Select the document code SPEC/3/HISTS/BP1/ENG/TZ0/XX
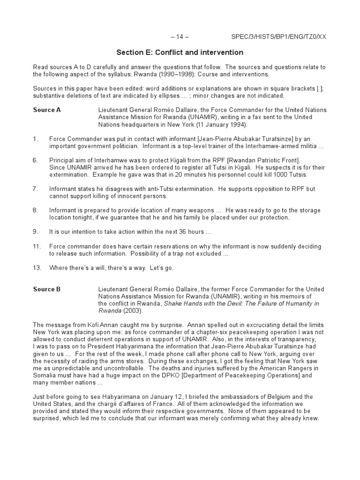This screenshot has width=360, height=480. coord(279,37)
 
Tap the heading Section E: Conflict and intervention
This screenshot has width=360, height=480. coord(180,52)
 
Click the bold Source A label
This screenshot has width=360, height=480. coord(47,110)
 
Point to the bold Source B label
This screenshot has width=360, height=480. coord(47,289)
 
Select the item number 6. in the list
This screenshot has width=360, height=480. coord(36,160)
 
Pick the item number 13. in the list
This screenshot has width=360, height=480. coord(37,268)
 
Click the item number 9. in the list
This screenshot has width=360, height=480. coord(36,232)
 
